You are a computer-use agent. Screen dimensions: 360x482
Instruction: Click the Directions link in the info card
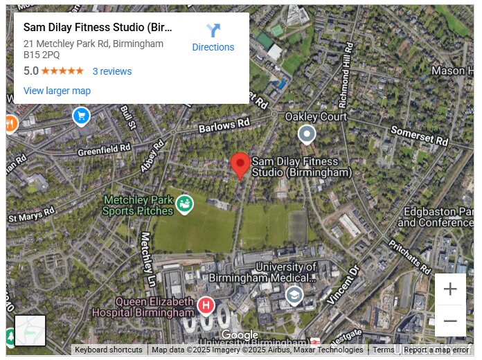(213, 47)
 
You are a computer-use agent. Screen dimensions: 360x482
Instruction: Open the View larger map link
(57, 91)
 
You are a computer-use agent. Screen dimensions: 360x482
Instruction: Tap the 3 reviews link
(111, 71)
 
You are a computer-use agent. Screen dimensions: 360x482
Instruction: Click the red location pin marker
(240, 165)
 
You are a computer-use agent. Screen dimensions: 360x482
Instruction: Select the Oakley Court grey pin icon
(306, 134)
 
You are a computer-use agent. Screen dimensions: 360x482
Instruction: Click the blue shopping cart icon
(82, 116)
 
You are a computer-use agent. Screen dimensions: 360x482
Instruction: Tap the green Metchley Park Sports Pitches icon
(184, 204)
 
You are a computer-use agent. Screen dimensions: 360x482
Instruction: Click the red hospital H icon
(206, 305)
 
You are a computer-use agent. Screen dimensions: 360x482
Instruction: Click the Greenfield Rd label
(104, 149)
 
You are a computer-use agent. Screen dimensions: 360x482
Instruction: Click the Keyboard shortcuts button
(108, 350)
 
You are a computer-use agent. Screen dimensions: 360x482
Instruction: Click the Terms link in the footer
(383, 350)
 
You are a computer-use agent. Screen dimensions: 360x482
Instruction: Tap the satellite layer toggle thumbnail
(30, 330)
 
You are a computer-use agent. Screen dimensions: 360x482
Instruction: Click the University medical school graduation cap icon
(294, 296)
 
